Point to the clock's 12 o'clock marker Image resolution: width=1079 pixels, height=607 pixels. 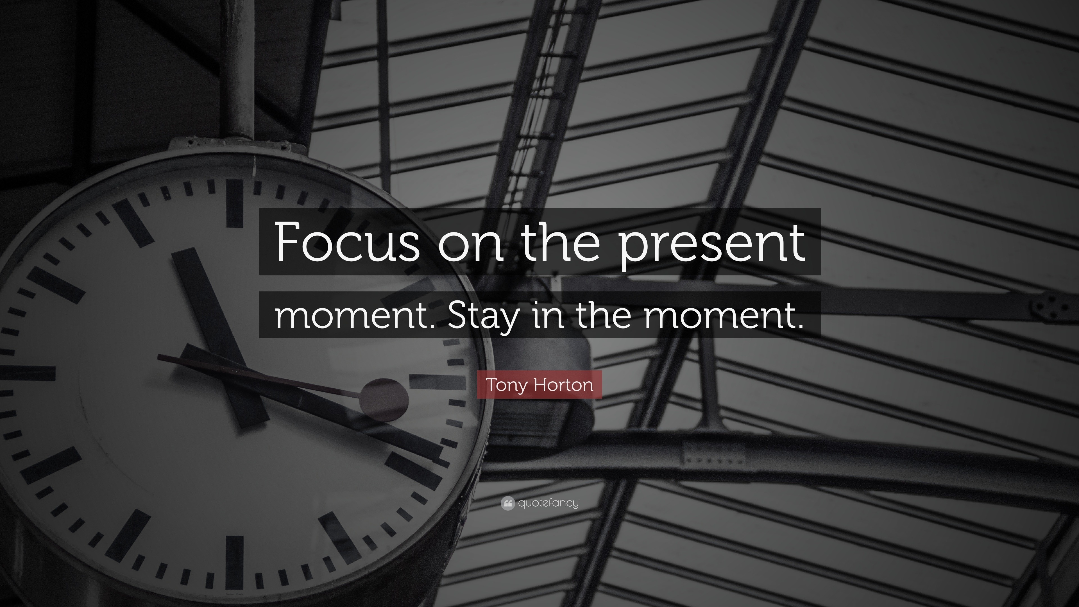(x=235, y=203)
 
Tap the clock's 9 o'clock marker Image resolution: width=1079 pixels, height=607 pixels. (x=31, y=373)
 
